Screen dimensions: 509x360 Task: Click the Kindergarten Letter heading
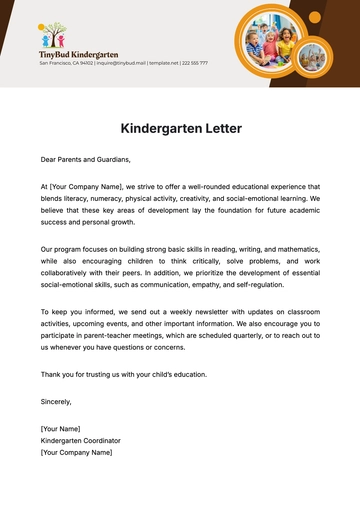coord(180,129)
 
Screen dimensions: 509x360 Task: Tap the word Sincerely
coord(56,401)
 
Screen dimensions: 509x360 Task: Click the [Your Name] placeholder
coord(60,428)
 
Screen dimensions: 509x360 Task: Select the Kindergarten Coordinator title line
coord(81,440)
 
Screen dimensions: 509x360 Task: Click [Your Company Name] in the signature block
coord(76,452)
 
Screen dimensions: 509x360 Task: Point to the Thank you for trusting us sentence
coord(123,374)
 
